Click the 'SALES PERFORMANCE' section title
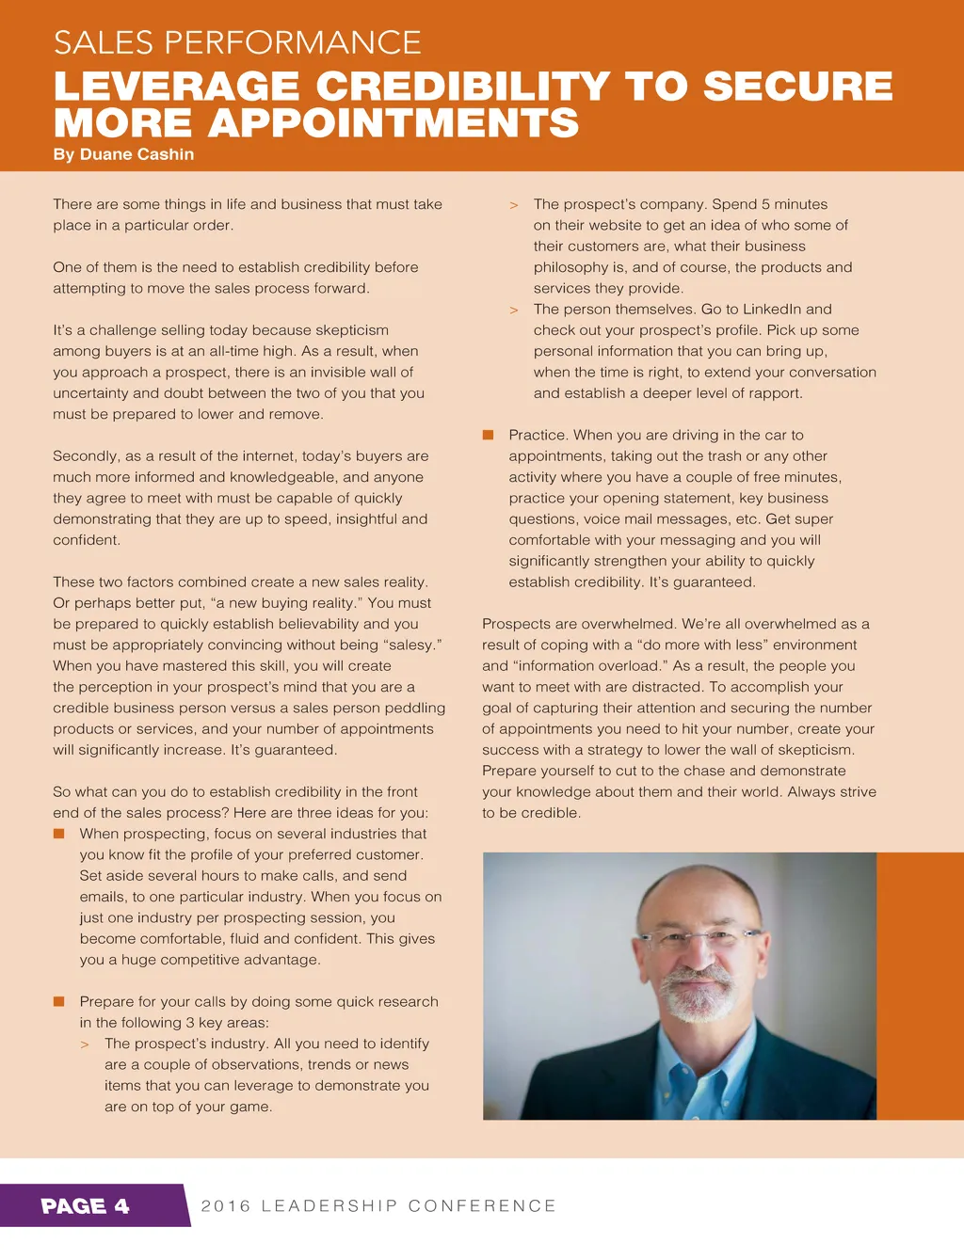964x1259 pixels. pos(237,43)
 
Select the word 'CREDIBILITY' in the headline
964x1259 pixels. pos(462,87)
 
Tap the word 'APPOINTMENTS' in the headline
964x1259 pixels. pos(394,123)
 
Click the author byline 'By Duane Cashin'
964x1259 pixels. pos(123,154)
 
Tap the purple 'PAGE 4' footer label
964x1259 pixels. pos(86,1206)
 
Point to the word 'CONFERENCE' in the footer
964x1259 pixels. pos(482,1206)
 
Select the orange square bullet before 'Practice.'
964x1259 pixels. pos(488,435)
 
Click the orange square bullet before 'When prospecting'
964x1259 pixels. pos(58,834)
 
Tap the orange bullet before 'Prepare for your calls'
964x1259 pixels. pos(58,1002)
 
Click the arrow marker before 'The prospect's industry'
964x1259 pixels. pos(85,1044)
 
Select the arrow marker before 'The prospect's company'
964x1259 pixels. pos(514,205)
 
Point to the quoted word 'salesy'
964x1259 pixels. pos(410,645)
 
